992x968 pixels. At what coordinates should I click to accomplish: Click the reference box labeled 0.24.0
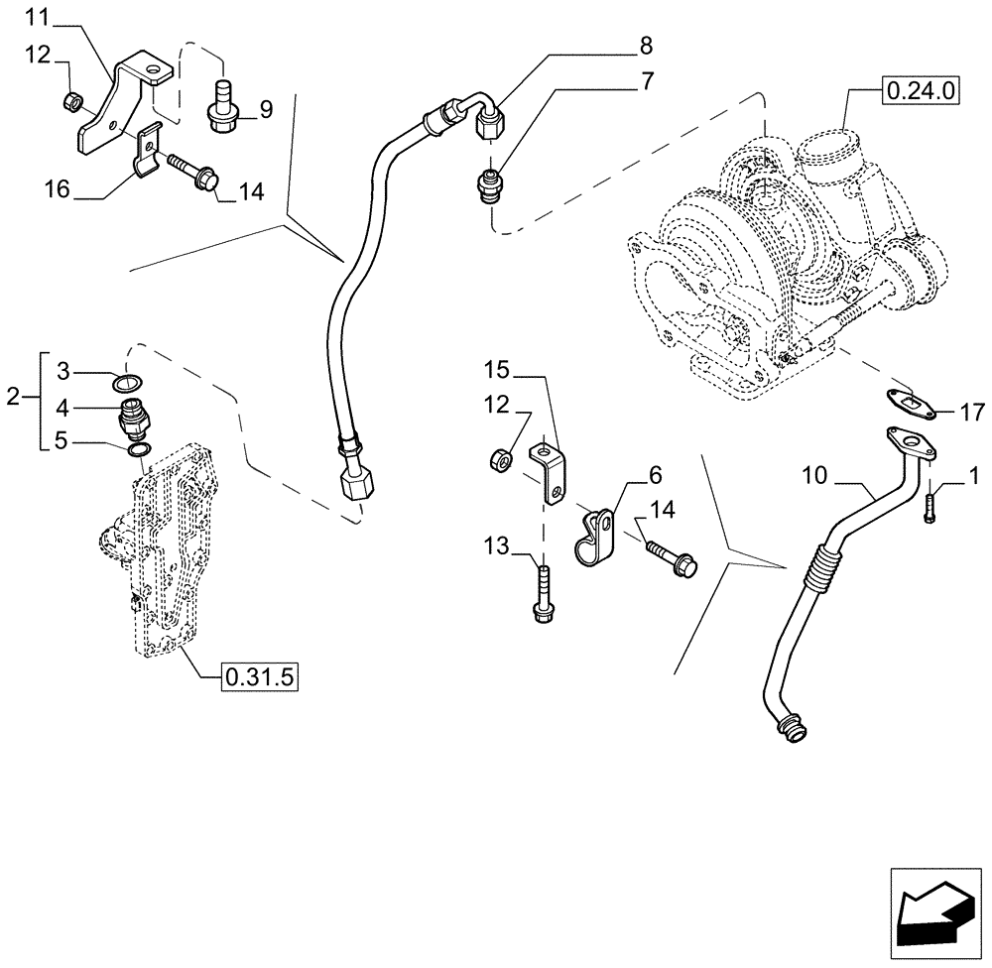pos(920,91)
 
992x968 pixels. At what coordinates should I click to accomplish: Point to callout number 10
pos(814,476)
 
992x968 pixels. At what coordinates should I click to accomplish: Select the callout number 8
pos(646,46)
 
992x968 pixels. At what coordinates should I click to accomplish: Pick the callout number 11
pos(36,17)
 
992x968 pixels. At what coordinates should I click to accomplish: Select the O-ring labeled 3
pos(126,384)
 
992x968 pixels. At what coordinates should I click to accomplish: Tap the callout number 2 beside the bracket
pos(12,399)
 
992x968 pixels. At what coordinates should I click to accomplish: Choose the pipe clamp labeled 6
pos(595,535)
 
